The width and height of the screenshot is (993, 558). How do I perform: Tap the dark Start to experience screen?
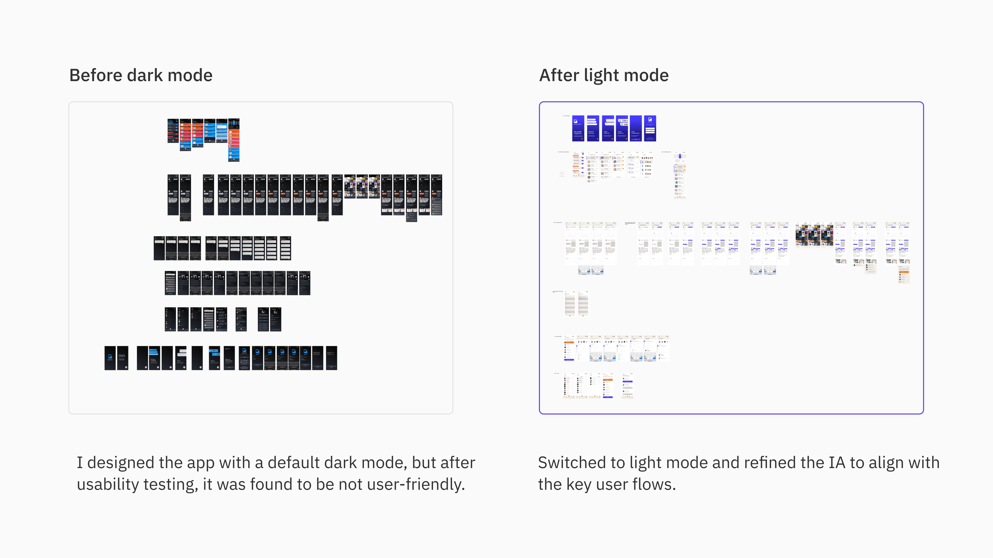click(229, 358)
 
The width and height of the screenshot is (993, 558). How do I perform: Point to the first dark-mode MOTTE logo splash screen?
click(110, 358)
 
